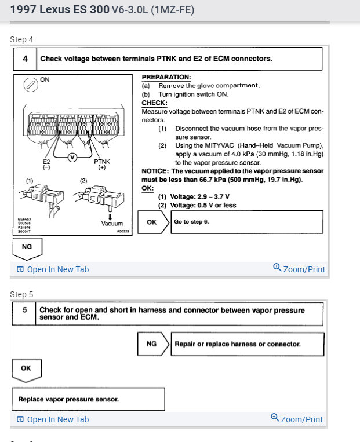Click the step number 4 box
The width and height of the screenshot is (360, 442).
[x=26, y=59]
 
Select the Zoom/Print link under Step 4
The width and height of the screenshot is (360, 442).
[x=299, y=269]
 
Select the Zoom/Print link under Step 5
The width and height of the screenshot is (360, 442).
[x=297, y=419]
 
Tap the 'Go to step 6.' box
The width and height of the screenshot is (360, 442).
[x=246, y=222]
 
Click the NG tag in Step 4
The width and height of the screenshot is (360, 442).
[x=27, y=247]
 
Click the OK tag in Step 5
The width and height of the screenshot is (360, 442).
[x=26, y=368]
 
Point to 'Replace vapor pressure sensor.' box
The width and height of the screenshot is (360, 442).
[x=88, y=399]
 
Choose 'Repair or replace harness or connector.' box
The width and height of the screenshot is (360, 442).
[x=246, y=344]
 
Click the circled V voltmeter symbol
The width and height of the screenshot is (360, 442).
[x=72, y=157]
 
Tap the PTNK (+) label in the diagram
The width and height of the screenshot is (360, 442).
[x=102, y=165]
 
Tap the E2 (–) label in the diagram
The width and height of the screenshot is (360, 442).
[x=47, y=165]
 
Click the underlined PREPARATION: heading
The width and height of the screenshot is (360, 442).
[x=166, y=77]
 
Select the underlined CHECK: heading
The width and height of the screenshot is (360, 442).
[x=154, y=103]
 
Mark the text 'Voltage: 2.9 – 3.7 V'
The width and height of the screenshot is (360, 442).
[x=193, y=197]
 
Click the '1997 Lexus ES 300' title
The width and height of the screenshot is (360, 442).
[x=52, y=10]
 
